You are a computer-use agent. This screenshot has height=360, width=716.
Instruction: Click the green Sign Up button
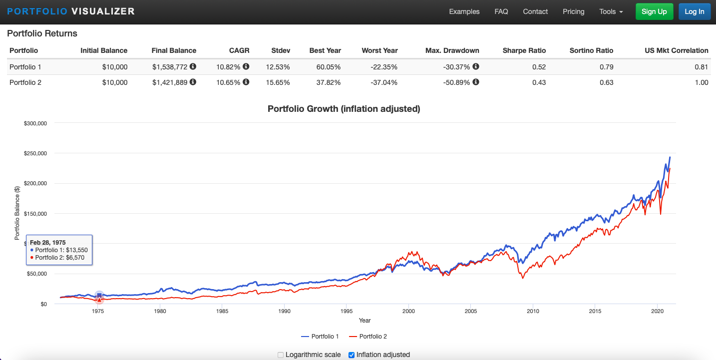[654, 12]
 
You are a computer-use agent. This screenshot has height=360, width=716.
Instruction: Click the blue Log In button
[694, 12]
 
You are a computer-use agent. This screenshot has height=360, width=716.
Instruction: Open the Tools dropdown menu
[611, 12]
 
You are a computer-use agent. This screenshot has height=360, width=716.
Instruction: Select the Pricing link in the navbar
[573, 12]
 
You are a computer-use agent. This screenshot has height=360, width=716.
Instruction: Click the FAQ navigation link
[501, 12]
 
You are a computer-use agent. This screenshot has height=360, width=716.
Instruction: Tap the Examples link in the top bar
[464, 12]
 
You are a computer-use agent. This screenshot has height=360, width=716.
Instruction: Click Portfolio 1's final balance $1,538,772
[170, 66]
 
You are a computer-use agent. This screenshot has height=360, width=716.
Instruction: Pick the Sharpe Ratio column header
[524, 50]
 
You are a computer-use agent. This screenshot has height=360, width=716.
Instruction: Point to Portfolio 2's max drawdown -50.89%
[456, 82]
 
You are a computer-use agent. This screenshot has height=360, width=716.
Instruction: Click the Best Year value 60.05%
[329, 66]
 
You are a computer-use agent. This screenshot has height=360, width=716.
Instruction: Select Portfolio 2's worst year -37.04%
[384, 82]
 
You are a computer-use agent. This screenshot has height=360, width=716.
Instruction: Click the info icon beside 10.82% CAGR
[246, 66]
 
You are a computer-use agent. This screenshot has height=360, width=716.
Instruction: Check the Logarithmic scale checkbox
[281, 355]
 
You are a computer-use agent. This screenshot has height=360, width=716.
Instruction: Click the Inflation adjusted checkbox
[352, 355]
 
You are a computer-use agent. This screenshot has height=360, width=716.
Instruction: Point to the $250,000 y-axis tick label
[35, 153]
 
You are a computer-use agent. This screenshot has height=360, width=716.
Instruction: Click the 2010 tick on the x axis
[533, 311]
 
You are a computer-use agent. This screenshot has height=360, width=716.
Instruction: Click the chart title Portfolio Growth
[344, 109]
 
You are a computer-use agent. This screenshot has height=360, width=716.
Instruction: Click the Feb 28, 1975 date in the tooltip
[47, 242]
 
